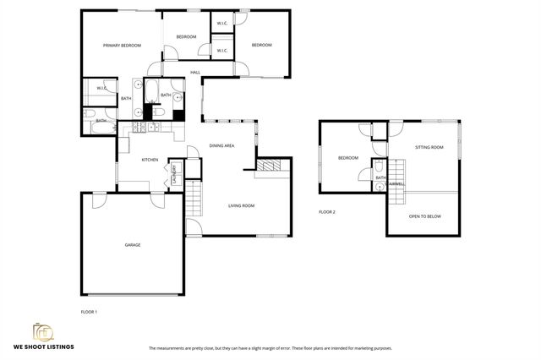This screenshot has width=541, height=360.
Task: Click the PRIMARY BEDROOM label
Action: [122, 45]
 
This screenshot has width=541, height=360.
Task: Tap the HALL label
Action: [194, 73]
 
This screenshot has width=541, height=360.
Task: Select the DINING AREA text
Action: [221, 146]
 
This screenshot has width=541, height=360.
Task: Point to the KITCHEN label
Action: [150, 160]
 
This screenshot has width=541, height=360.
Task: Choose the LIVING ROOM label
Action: [241, 205]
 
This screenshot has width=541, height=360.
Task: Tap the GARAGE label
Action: [133, 245]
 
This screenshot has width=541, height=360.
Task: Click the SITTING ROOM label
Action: [429, 148]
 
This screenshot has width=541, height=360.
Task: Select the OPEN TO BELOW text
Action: [424, 216]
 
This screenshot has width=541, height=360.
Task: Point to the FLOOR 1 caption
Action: [89, 313]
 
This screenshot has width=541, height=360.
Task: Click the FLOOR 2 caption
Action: [327, 211]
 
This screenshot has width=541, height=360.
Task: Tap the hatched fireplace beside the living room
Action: [270, 166]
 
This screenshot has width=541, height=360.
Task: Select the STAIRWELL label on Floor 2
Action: [396, 183]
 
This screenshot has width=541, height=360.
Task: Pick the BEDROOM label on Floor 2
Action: [348, 158]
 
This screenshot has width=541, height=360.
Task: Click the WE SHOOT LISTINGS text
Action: [43, 346]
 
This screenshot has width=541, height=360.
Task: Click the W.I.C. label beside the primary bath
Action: [101, 88]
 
